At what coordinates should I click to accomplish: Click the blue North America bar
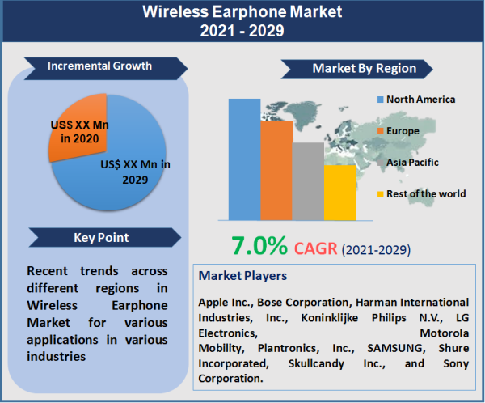pyautogui.click(x=243, y=159)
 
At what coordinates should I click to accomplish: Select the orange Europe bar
pyautogui.click(x=276, y=170)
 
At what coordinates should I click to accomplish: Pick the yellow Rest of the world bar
pyautogui.click(x=339, y=193)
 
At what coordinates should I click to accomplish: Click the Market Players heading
pyautogui.click(x=242, y=276)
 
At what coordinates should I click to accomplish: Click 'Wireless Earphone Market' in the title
pyautogui.click(x=242, y=12)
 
